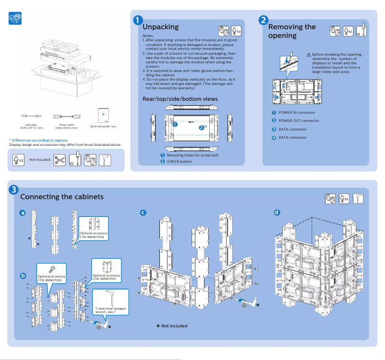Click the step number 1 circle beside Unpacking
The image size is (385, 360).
click(138, 20)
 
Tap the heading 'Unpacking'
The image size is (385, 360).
click(160, 27)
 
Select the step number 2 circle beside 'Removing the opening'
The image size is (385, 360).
click(264, 20)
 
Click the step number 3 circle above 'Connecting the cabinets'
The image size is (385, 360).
click(15, 190)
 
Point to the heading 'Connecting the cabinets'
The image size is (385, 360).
click(61, 197)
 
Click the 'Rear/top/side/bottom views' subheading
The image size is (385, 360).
click(180, 99)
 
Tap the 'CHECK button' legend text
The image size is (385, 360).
click(179, 162)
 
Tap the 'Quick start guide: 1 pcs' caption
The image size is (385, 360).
click(103, 126)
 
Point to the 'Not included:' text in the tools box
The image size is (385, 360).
click(40, 159)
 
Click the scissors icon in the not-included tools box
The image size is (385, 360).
click(59, 159)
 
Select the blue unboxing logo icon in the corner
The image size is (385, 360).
click(15, 18)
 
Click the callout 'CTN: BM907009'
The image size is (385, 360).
click(94, 237)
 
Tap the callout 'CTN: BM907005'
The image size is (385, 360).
click(51, 280)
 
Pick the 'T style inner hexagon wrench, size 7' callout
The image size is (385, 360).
click(111, 310)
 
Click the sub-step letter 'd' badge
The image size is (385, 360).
click(277, 212)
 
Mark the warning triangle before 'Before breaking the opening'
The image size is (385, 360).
click(309, 55)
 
